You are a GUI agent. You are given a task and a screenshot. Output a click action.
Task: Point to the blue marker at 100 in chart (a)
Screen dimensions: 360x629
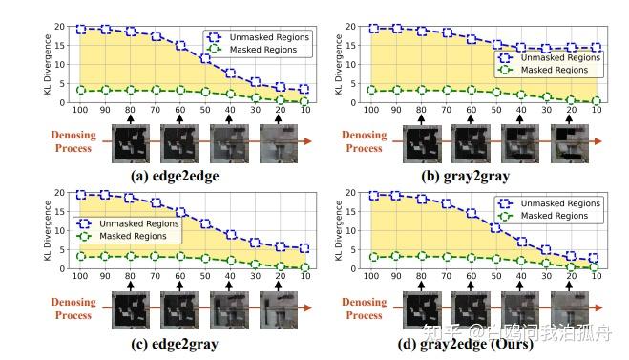click(80, 30)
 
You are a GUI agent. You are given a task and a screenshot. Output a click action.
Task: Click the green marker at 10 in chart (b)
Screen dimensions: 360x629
click(595, 100)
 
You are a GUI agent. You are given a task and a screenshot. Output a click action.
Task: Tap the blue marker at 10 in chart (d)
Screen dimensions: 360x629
click(595, 258)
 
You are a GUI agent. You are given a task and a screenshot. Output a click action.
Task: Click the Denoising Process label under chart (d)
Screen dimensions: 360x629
click(362, 307)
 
